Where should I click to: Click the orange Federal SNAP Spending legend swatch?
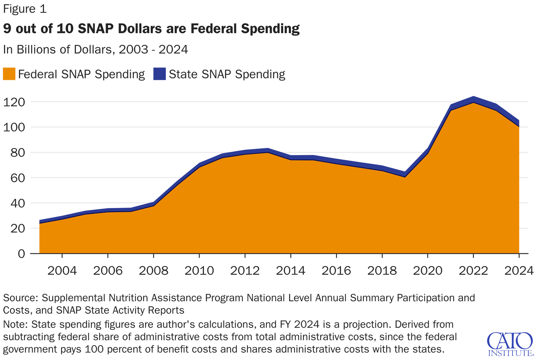point(9,74)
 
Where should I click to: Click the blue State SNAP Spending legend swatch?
point(159,74)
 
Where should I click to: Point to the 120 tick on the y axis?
point(14,102)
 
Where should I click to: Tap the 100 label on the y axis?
point(14,127)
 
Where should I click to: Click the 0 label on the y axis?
point(21,254)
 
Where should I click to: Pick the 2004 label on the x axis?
point(62,270)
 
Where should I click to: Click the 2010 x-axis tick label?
point(199,270)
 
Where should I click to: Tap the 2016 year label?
point(336,270)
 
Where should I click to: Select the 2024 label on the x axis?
point(519,270)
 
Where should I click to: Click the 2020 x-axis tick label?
point(428,270)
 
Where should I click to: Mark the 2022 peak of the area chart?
point(473,98)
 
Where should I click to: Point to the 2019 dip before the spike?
point(405,174)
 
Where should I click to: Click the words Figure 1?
point(25,9)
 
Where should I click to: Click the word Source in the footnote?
point(20,298)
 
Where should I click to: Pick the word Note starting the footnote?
point(15,324)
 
